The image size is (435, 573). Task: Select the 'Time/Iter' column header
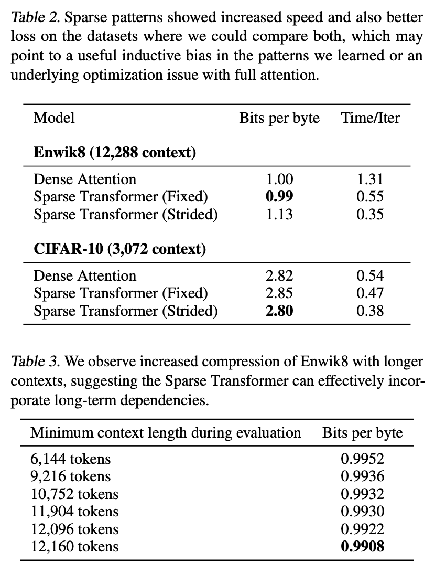coord(371,118)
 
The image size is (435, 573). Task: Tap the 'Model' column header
coord(54,118)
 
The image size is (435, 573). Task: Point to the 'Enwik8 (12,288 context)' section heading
coord(115,153)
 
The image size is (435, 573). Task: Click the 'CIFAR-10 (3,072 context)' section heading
coord(119,249)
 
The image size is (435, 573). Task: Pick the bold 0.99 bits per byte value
coord(279,197)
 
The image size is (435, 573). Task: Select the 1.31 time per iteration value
coord(370,179)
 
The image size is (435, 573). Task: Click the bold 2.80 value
coord(279,311)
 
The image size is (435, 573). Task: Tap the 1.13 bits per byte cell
coord(279,214)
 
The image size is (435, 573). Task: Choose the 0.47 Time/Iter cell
coord(370,293)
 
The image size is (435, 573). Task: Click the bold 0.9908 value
coord(363,546)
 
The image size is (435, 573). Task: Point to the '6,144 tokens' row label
coord(71,459)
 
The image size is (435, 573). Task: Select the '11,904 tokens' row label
coord(74,512)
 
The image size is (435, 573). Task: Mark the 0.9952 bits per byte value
coord(363,459)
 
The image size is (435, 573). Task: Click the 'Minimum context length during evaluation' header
coord(166,433)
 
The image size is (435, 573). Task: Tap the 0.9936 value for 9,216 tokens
coord(363,476)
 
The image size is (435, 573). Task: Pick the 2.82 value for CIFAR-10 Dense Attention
coord(279,275)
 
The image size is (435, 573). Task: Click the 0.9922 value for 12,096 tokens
coord(363,529)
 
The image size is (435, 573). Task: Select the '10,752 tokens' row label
coord(74,494)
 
